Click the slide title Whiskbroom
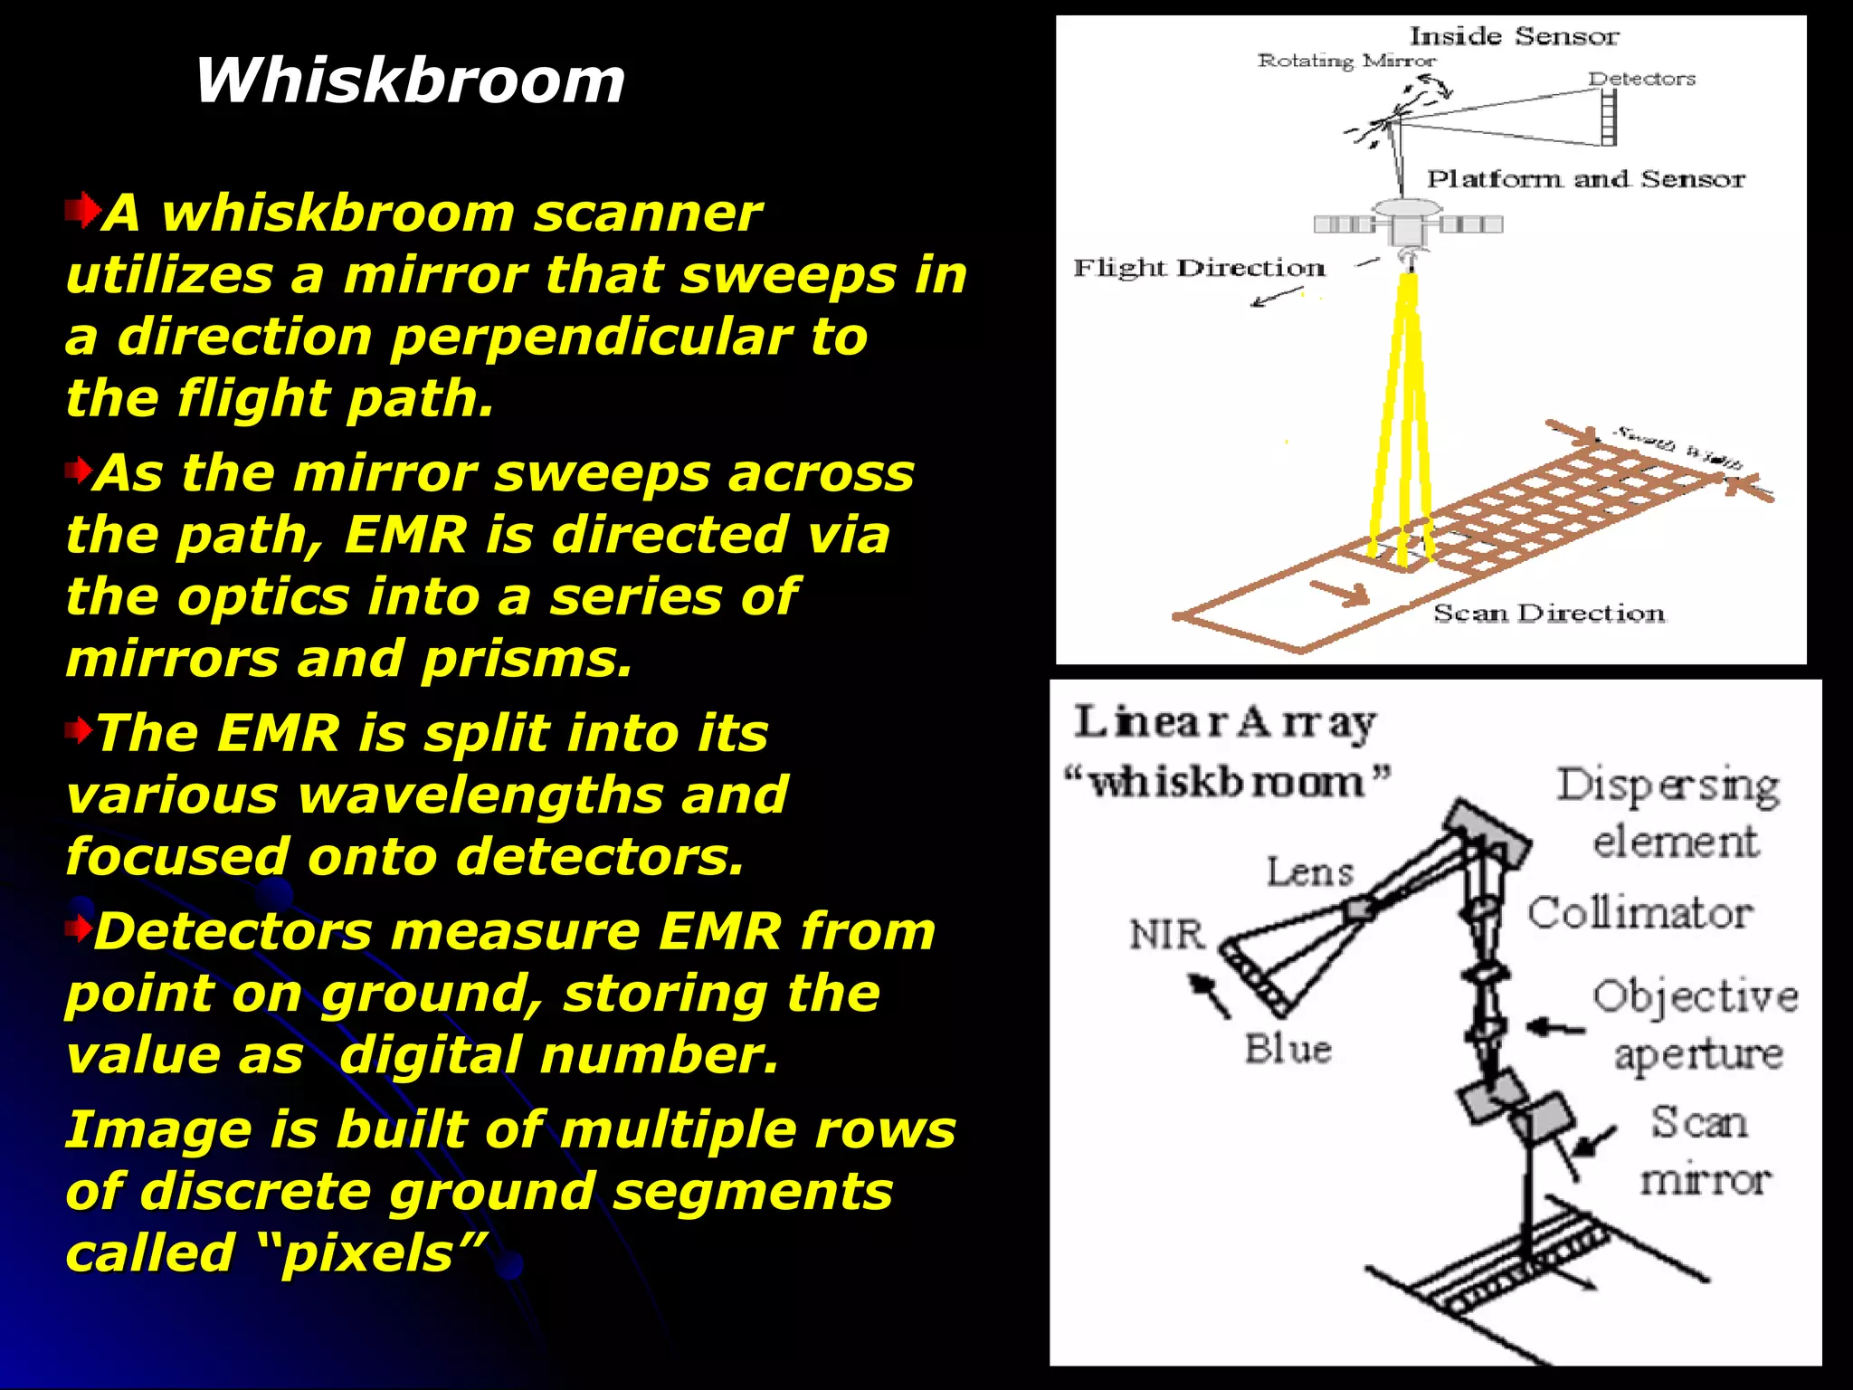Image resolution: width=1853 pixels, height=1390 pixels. click(409, 81)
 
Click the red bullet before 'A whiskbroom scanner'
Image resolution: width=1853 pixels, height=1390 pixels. click(82, 211)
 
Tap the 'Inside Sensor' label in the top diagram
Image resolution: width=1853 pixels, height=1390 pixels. click(1514, 36)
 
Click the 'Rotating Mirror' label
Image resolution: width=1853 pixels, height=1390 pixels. click(1346, 61)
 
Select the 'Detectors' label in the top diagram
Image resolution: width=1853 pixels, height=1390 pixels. click(1641, 79)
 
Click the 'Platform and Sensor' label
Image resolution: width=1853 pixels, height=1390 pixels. click(1585, 178)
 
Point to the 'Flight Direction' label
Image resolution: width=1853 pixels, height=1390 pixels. click(1199, 268)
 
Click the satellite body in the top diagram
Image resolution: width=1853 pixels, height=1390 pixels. click(1408, 222)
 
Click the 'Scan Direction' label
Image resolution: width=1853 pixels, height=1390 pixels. click(1548, 613)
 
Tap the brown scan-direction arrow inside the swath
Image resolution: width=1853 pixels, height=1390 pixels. click(1340, 592)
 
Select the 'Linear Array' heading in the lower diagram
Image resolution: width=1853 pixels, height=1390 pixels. click(1224, 722)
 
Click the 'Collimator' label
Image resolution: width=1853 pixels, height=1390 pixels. click(1639, 912)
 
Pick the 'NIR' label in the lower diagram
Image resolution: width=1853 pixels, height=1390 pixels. click(1167, 934)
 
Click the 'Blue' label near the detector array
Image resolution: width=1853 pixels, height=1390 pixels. click(1288, 1049)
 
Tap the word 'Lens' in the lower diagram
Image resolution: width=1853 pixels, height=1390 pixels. click(1309, 871)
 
